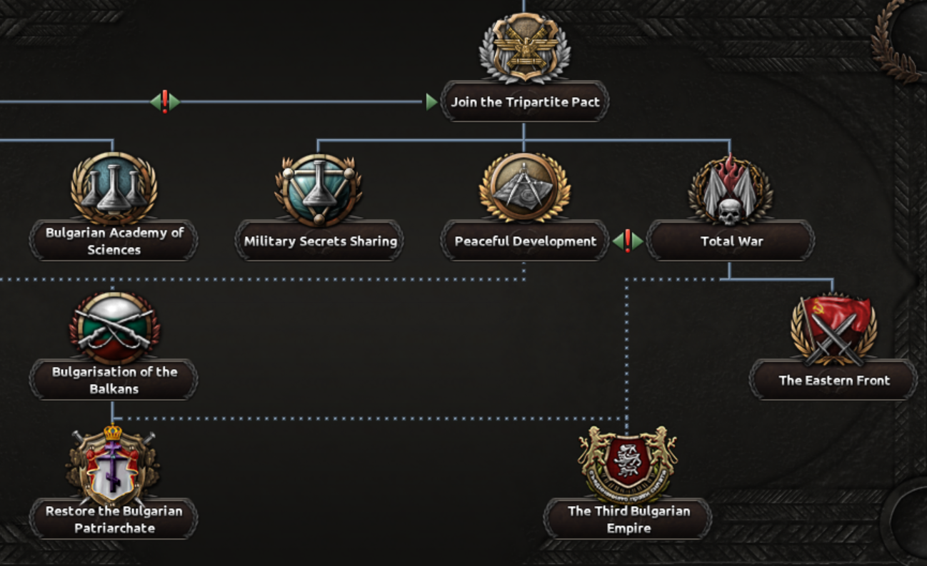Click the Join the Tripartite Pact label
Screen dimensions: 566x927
tap(525, 101)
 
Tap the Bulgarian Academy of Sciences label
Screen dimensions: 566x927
tap(114, 241)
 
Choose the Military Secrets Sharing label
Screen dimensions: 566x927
tap(320, 241)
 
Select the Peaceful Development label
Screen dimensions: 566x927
tap(525, 241)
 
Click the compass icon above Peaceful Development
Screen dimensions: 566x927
tap(525, 187)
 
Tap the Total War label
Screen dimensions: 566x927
tap(731, 241)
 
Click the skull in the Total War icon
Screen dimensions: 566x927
tap(730, 212)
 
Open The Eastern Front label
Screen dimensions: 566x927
tap(834, 380)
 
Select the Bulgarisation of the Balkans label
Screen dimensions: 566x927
tap(114, 380)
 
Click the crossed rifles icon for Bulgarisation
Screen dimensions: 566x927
tap(114, 328)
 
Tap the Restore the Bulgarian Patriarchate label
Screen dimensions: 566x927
tap(114, 519)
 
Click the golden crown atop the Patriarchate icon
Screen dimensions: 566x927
tap(113, 433)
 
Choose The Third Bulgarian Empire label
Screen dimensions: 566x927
tap(628, 519)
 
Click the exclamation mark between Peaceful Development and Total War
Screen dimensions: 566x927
tap(628, 241)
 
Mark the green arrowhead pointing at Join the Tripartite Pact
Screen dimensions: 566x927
tap(431, 101)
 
